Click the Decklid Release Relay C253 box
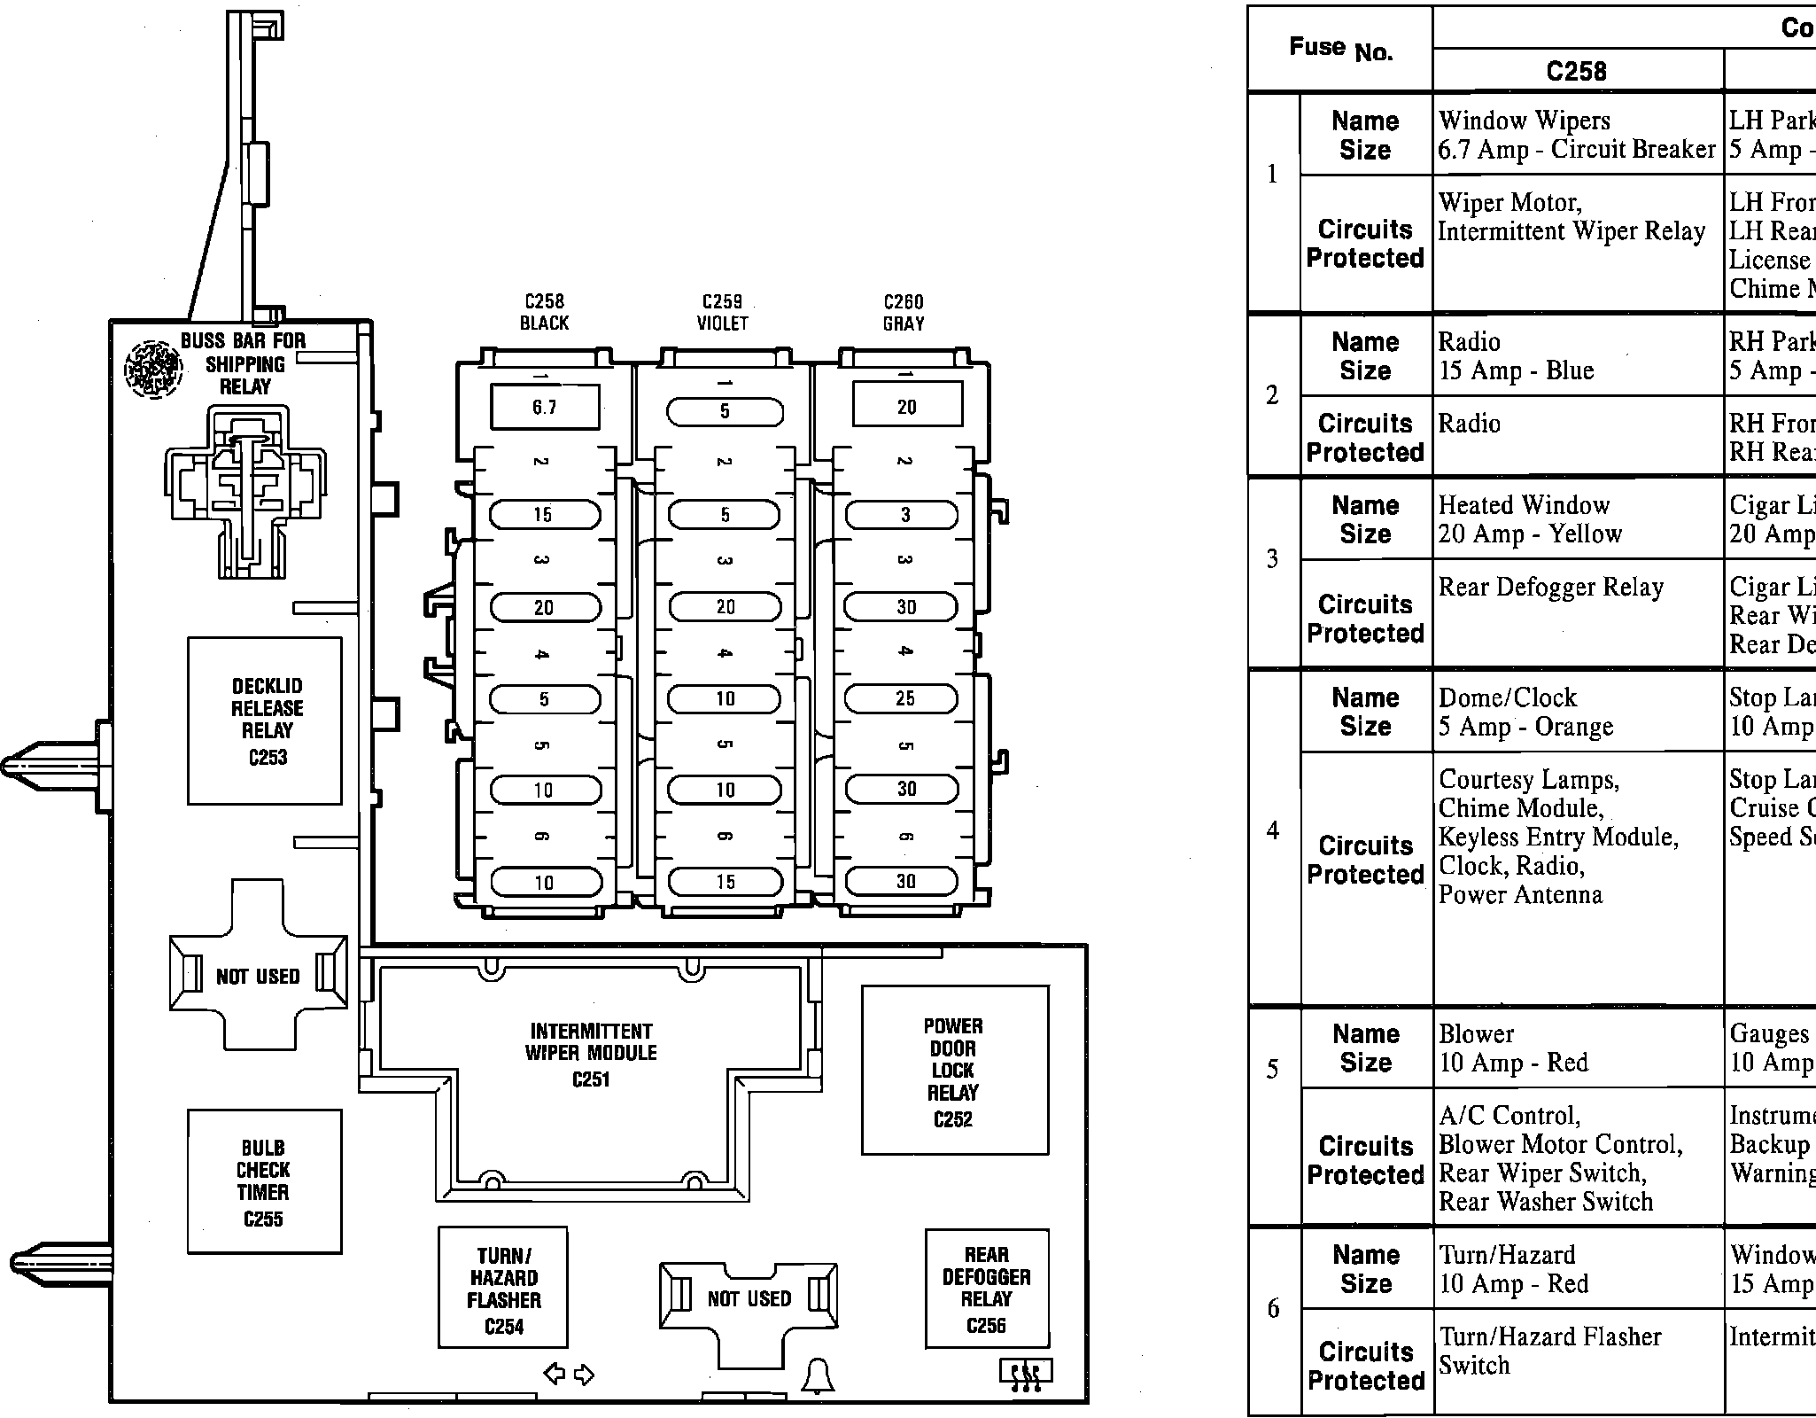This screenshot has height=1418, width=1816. pos(265,721)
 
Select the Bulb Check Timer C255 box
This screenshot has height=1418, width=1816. pos(264,1181)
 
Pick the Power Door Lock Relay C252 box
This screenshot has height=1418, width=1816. pos(954,1071)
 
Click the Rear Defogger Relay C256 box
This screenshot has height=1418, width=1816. pos(987,1289)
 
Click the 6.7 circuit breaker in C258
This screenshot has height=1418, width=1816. pos(544,407)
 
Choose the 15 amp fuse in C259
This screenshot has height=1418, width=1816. pos(726,882)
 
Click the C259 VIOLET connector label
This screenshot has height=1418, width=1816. pos(723,313)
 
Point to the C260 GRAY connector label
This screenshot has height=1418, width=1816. pos(904,313)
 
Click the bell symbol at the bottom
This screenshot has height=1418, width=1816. pos(817,1375)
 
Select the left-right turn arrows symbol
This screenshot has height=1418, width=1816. pos(569,1375)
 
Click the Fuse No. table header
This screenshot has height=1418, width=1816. pos(1339,48)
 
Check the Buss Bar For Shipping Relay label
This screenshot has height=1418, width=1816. pos(244,363)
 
